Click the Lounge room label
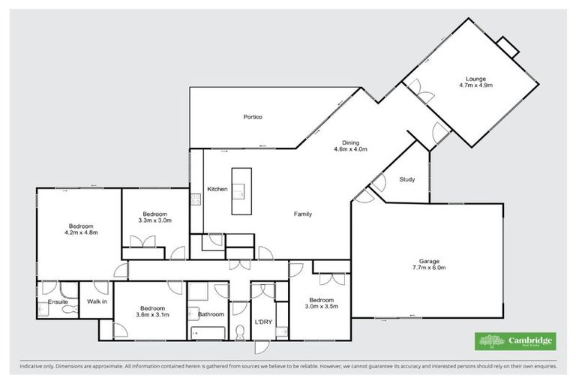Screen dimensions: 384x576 pyautogui.click(x=475, y=78)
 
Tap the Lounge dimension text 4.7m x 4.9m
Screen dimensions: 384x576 pyautogui.click(x=475, y=85)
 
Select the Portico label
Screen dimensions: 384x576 pyautogui.click(x=252, y=117)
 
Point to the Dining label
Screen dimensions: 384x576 pyautogui.click(x=351, y=142)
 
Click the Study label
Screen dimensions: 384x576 pyautogui.click(x=407, y=179)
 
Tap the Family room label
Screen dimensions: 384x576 pyautogui.click(x=302, y=214)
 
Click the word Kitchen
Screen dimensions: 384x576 pyautogui.click(x=217, y=189)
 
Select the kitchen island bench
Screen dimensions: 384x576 pyautogui.click(x=241, y=191)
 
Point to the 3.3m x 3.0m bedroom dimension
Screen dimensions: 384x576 pyautogui.click(x=155, y=220)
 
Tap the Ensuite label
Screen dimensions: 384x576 pyautogui.click(x=58, y=302)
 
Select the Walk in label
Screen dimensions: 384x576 pyautogui.click(x=97, y=301)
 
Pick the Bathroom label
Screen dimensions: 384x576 pyautogui.click(x=211, y=314)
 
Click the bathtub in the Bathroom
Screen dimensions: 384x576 pyautogui.click(x=206, y=331)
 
